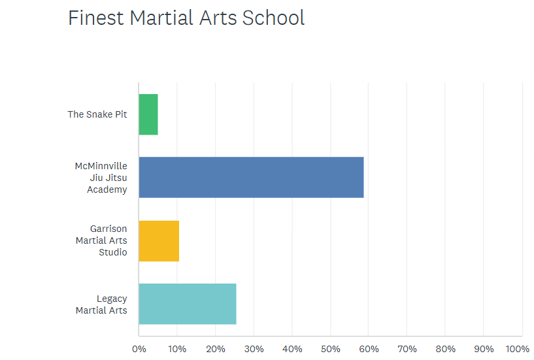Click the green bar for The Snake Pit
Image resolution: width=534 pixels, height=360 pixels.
148,114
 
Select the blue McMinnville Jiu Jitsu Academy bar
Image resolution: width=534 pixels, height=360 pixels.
251,178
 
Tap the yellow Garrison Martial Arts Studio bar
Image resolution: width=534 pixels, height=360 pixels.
159,241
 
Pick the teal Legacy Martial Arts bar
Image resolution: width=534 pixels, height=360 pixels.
188,304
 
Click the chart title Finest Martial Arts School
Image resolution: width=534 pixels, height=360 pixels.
186,18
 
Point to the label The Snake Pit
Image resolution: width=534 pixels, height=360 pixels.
97,114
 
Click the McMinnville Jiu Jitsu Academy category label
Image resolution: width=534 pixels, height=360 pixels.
101,178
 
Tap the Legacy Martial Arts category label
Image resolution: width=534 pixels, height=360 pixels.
101,304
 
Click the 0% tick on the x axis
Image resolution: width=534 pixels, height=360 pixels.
139,349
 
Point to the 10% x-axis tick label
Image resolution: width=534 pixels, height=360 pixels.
176,349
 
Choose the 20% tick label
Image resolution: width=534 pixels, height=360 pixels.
215,349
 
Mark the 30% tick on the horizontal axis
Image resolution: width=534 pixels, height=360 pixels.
254,349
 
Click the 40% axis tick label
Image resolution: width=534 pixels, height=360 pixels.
292,349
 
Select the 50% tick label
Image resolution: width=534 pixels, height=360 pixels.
330,349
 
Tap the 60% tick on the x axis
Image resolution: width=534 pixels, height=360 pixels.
369,349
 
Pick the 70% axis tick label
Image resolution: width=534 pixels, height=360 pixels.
407,349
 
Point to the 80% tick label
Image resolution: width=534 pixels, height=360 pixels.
446,349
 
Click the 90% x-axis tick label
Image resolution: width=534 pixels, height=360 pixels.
484,349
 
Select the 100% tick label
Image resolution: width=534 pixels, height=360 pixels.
518,349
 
